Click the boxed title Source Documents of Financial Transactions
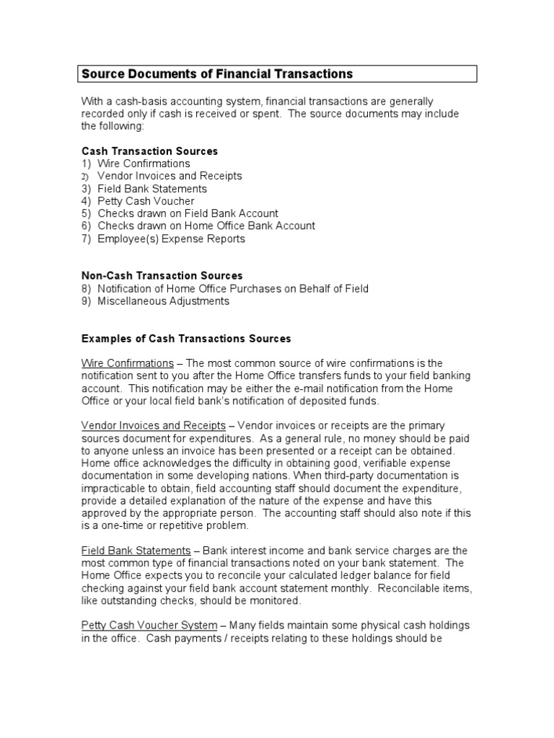click(216, 74)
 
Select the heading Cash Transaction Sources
click(149, 151)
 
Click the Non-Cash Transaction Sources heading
click(162, 276)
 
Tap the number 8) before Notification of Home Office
click(86, 289)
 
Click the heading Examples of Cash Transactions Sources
click(185, 339)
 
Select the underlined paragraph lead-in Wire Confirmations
click(127, 363)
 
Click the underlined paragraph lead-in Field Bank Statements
click(136, 551)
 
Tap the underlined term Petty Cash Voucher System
click(149, 626)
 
